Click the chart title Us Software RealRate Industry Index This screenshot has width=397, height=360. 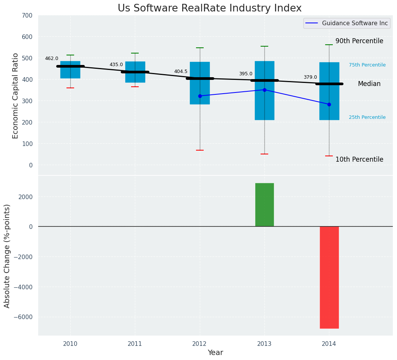click(209, 8)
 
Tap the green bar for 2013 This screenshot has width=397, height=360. click(264, 205)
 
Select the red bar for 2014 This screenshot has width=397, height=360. click(329, 277)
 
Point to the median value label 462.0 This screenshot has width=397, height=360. click(52, 58)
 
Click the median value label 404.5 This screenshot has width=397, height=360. click(181, 71)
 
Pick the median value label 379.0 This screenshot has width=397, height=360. click(310, 77)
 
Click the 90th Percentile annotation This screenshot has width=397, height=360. click(359, 41)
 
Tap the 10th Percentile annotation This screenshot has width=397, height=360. click(359, 159)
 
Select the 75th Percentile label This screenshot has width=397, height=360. click(367, 65)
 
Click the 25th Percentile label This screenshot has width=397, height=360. click(367, 117)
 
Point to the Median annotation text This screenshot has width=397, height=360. click(369, 84)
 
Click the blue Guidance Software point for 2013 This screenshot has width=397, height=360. click(264, 90)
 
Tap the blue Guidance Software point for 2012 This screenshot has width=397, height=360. click(200, 96)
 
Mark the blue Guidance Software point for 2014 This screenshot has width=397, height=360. click(329, 104)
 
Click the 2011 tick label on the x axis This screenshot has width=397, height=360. click(135, 344)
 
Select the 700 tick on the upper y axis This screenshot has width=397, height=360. click(27, 15)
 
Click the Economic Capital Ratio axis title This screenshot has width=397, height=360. click(16, 96)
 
